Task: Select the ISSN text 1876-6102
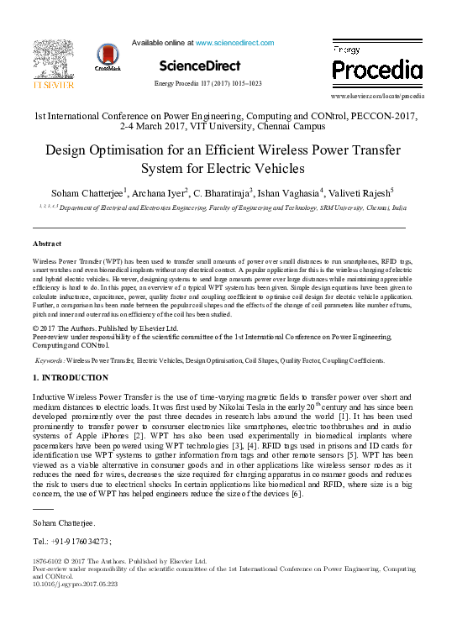click(x=50, y=560)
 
